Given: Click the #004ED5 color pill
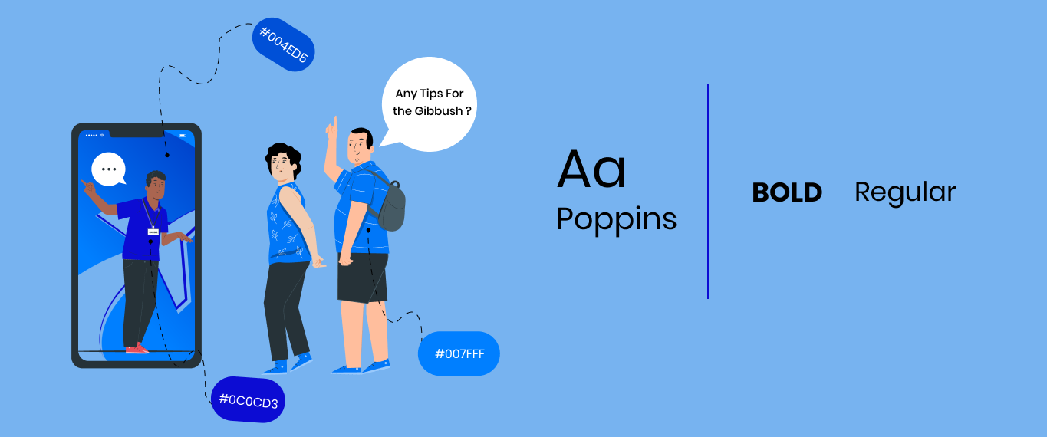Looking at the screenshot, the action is (283, 44).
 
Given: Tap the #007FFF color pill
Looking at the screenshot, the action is (459, 353).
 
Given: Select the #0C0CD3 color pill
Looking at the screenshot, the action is (249, 399).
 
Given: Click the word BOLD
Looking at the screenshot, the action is (787, 192).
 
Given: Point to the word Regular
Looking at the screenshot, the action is (905, 193).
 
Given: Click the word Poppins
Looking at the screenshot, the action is (617, 219).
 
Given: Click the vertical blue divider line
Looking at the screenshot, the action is (708, 191).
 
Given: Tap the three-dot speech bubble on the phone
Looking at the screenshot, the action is (108, 169).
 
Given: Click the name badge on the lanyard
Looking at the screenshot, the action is (153, 232).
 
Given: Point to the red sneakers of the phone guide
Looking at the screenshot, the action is (137, 348).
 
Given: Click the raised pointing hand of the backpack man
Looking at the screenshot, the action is (332, 128).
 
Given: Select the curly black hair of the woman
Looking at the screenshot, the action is (283, 156).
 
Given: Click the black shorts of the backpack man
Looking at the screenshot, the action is (363, 278).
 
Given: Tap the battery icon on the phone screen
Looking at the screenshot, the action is (183, 136).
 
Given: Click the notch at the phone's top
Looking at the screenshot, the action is (137, 133).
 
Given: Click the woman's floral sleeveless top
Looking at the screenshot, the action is (288, 225).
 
